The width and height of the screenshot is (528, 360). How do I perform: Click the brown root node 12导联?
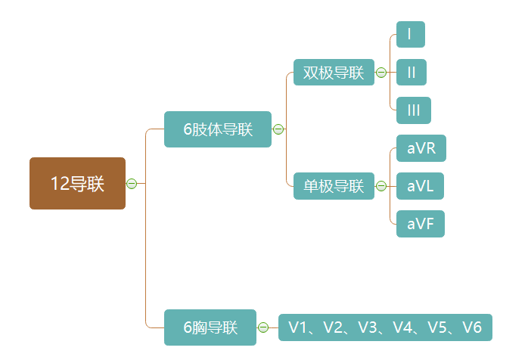[x=77, y=183]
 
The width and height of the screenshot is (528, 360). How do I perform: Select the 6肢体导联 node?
[x=217, y=129]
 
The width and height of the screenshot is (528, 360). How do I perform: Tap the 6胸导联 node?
[x=210, y=327]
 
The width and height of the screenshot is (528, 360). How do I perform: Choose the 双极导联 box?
[x=334, y=73]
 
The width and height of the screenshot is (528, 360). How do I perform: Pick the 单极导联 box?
[x=334, y=186]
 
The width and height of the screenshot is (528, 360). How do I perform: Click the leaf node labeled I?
[x=410, y=35]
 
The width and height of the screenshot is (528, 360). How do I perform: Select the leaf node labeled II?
[x=412, y=73]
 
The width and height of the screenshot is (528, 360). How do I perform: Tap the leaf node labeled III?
[x=413, y=110]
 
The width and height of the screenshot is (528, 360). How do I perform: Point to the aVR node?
[x=421, y=148]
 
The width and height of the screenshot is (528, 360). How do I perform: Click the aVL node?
[x=420, y=186]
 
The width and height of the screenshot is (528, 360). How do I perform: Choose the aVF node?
[x=420, y=224]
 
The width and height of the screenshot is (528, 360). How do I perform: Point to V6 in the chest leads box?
[x=472, y=327]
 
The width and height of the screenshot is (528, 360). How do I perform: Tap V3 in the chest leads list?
[x=368, y=327]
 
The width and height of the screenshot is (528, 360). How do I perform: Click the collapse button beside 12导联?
[x=132, y=183]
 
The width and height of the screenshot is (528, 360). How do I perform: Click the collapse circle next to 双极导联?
[x=381, y=73]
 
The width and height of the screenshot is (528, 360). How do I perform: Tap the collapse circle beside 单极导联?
[x=381, y=186]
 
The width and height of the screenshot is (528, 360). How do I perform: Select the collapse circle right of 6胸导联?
[x=263, y=327]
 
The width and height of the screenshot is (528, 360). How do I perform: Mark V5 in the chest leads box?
[x=437, y=327]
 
